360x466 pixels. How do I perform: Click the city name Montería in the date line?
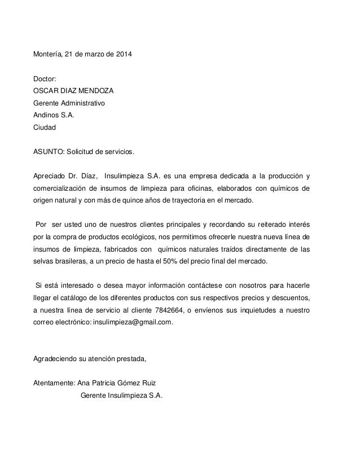point(48,55)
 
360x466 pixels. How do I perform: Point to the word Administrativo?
point(82,103)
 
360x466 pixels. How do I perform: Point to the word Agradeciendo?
point(57,359)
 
